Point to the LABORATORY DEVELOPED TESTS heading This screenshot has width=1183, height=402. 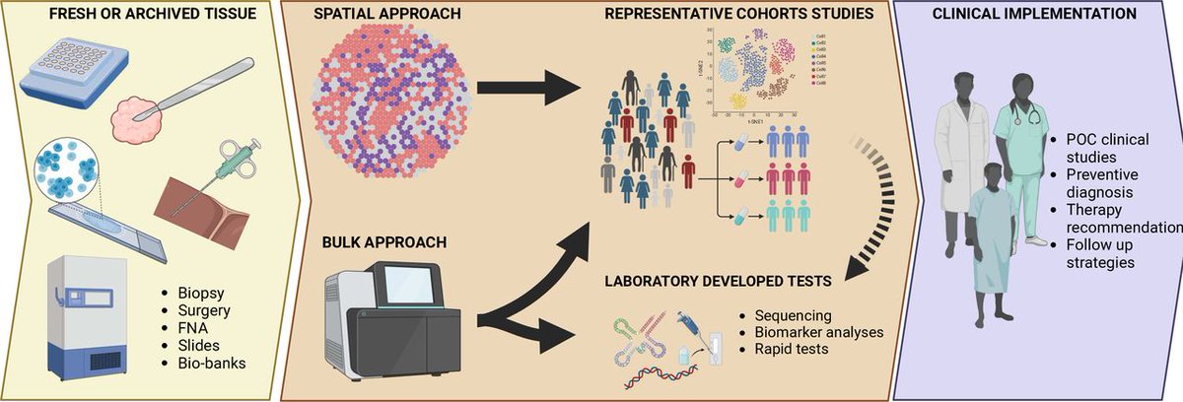point(718,282)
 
